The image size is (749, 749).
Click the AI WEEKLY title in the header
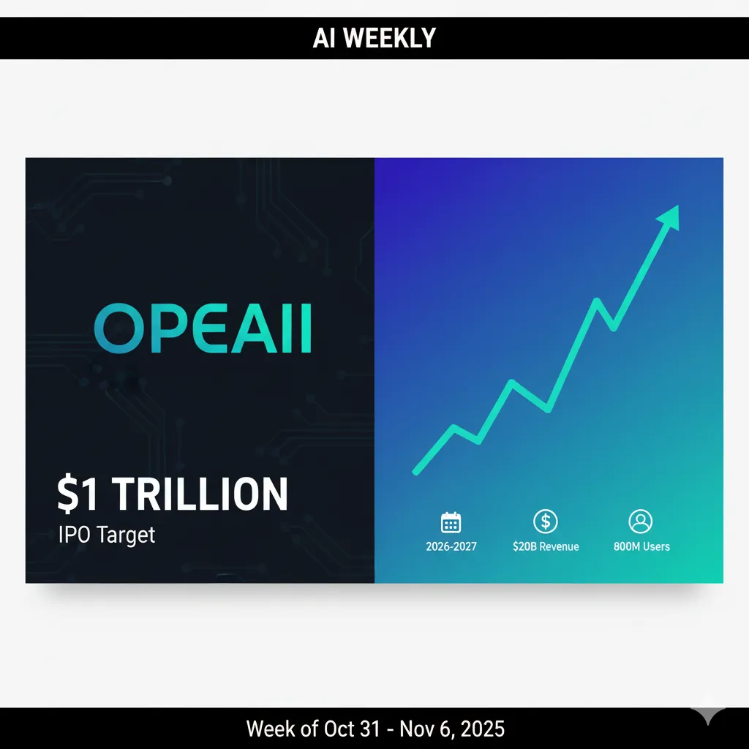(x=374, y=37)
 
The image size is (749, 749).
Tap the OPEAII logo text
(x=203, y=330)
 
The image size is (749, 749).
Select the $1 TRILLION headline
(x=173, y=494)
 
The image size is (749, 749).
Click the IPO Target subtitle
(x=107, y=535)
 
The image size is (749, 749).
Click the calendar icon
(x=451, y=522)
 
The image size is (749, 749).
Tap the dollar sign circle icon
(x=546, y=522)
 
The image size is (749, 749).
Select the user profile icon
(x=640, y=522)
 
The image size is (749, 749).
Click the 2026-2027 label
(x=451, y=546)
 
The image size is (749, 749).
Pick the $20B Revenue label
(x=546, y=546)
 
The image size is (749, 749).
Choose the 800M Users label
(x=641, y=546)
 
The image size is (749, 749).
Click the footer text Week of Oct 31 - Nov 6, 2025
(x=374, y=729)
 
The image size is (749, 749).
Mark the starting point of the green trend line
(x=415, y=472)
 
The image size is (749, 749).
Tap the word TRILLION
(x=200, y=494)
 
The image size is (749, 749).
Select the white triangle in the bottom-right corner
(x=707, y=716)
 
